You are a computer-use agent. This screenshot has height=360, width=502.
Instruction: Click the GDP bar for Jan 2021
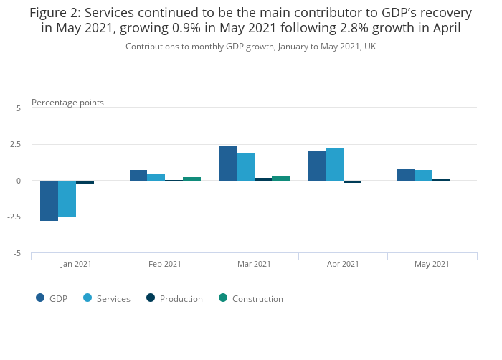coord(49,201)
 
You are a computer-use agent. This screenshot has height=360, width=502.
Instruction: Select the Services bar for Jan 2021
coord(67,199)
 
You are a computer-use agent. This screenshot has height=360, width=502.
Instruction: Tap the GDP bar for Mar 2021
coord(227,164)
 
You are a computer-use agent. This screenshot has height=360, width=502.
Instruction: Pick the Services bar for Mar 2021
coord(245,167)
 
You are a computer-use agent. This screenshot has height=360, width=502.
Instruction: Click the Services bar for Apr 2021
coord(334,164)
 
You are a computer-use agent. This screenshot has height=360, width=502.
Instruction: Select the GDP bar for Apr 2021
coord(316,166)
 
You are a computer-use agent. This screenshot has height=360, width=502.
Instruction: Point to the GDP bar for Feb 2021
coord(138,175)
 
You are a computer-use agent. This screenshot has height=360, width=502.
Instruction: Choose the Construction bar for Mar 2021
coord(280,178)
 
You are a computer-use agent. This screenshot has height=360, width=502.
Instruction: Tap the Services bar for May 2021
coord(423,175)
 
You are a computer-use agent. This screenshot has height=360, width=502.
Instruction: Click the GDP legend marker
coord(41,298)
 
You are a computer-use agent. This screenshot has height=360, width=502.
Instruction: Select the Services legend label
coord(113,299)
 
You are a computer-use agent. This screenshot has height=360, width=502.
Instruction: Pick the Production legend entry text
coord(181,299)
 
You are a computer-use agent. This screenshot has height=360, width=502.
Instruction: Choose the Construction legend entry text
coord(257,299)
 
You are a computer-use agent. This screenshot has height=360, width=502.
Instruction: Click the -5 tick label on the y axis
coord(16,254)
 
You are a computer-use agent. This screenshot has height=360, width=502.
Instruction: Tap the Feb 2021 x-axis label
coord(165,264)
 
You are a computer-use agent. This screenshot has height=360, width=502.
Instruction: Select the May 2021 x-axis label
coord(432,264)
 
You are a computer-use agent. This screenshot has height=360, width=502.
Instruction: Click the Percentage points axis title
coord(67,103)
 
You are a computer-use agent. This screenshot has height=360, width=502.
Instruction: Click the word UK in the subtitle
coord(369,47)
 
